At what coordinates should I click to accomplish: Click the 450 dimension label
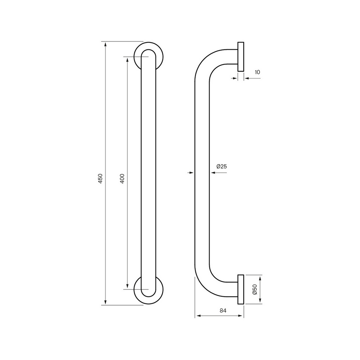click(x=101, y=179)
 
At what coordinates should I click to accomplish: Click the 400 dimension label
click(x=122, y=179)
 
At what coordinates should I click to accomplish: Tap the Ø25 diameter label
click(x=221, y=166)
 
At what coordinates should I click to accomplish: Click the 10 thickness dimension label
click(x=257, y=72)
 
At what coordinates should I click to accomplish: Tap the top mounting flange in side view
click(x=240, y=57)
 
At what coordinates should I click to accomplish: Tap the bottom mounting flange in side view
click(x=240, y=289)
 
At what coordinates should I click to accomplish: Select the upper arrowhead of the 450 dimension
click(x=105, y=45)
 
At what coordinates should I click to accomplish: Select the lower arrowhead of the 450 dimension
click(x=105, y=302)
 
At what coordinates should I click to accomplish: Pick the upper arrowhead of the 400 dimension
click(x=127, y=59)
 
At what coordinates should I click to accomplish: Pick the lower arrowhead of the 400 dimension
click(x=127, y=286)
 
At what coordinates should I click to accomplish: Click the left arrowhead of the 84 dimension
click(x=197, y=317)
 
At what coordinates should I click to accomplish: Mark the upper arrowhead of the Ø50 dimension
click(x=260, y=278)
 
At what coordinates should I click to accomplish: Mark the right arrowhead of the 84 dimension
click(x=241, y=317)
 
